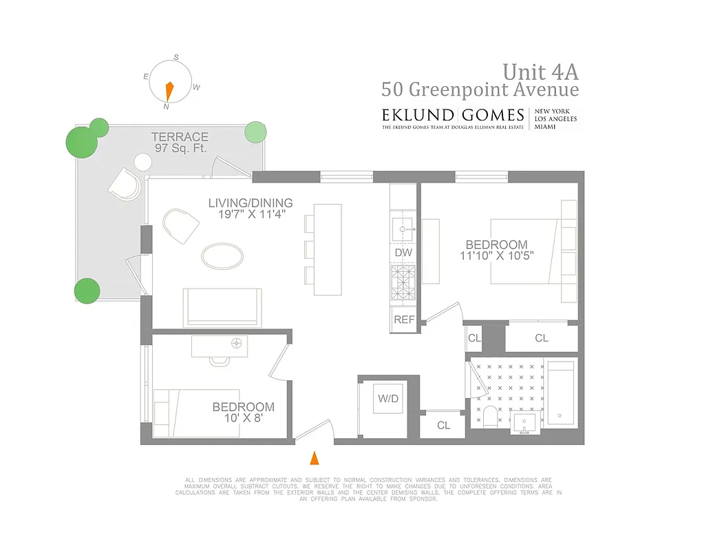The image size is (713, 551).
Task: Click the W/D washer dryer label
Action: point(387,399)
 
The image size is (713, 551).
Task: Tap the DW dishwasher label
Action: point(403,253)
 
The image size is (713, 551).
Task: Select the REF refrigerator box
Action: point(403,320)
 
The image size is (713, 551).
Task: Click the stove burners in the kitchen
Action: point(403,279)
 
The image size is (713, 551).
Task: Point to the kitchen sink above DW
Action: point(403,225)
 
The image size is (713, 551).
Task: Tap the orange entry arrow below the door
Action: point(315,457)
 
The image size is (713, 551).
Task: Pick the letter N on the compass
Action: point(166,107)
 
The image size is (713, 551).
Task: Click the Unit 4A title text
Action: point(540,72)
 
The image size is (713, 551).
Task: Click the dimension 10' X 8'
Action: point(243,418)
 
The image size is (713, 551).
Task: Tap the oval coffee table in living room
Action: point(222,256)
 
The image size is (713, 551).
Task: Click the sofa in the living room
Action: point(222,307)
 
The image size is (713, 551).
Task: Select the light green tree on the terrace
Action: point(255,132)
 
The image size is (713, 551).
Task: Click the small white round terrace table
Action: point(142,163)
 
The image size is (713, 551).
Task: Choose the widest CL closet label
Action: point(542,338)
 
